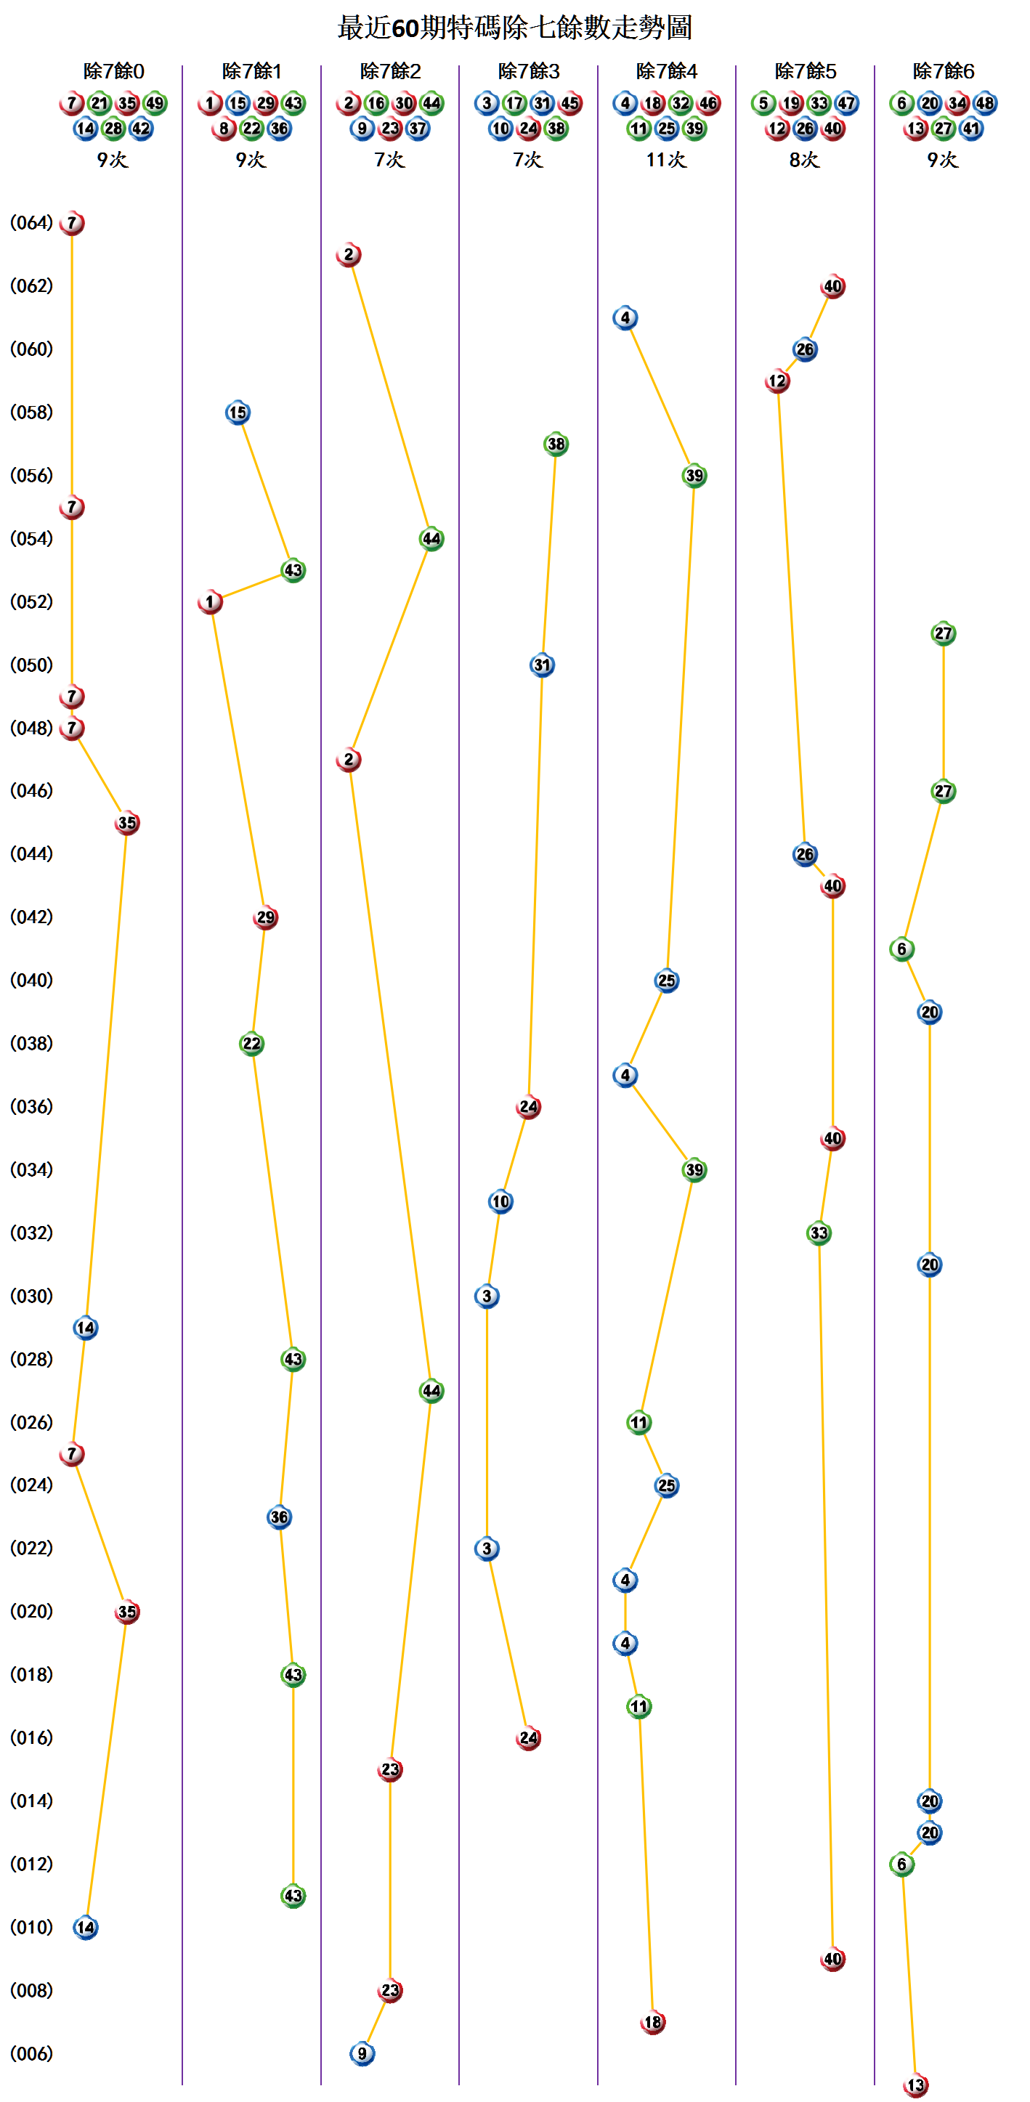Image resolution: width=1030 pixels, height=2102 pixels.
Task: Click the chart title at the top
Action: pyautogui.click(x=514, y=28)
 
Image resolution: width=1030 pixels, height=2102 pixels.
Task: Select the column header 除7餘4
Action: pyautogui.click(x=666, y=72)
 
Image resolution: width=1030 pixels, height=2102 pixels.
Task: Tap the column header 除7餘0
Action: pyautogui.click(x=113, y=72)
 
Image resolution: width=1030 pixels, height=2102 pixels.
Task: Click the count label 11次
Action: pyautogui.click(x=666, y=160)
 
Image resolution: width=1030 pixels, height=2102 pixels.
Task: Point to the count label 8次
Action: pyautogui.click(x=804, y=160)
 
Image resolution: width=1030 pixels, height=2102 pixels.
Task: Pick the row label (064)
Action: pyautogui.click(x=31, y=223)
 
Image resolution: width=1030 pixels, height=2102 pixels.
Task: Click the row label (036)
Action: pyautogui.click(x=31, y=1106)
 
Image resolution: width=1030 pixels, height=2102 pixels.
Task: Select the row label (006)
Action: pyautogui.click(x=31, y=2053)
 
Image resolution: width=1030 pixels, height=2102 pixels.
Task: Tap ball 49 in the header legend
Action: pyautogui.click(x=155, y=104)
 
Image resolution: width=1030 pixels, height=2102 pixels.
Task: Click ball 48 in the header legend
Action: pyautogui.click(x=985, y=104)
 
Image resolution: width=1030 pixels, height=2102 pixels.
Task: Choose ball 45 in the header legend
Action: pyautogui.click(x=569, y=104)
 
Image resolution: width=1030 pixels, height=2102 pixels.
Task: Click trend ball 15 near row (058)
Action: pyautogui.click(x=238, y=412)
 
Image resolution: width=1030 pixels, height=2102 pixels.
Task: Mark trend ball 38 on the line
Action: pyautogui.click(x=556, y=444)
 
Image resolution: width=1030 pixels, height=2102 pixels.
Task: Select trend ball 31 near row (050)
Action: pyautogui.click(x=542, y=665)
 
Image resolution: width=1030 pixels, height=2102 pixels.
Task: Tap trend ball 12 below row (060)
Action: pyautogui.click(x=777, y=381)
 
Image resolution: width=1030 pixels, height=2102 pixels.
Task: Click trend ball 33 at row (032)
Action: pyautogui.click(x=819, y=1233)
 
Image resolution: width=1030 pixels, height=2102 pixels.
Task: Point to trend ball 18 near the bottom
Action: pyautogui.click(x=652, y=2022)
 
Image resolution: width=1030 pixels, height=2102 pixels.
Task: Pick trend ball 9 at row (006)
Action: pyautogui.click(x=362, y=2053)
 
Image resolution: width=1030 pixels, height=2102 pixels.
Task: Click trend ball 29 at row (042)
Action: pyautogui.click(x=265, y=917)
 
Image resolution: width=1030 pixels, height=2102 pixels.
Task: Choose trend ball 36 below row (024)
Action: pyautogui.click(x=279, y=1517)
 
